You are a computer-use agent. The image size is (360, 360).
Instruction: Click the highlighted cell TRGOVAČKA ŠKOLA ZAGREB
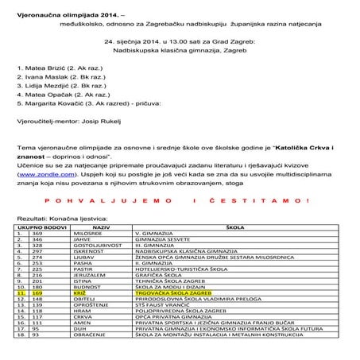pyautogui.click(x=175, y=293)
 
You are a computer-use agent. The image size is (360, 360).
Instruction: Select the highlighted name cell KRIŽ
pyautogui.click(x=79, y=293)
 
